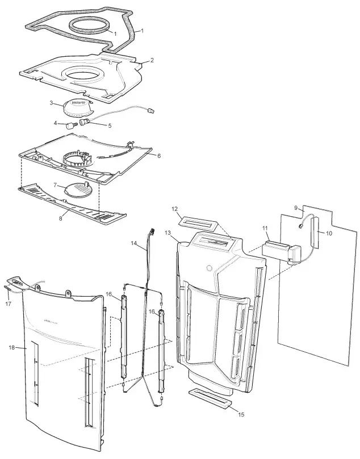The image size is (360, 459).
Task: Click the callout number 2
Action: tap(151, 60)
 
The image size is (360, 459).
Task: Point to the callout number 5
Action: tap(110, 126)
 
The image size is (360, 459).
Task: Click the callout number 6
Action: tap(159, 155)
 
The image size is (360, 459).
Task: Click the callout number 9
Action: tap(295, 208)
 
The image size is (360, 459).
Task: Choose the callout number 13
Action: tap(168, 233)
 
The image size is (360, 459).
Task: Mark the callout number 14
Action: tap(133, 243)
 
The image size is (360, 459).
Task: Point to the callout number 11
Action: tap(265, 228)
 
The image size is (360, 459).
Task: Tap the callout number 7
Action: tap(56, 185)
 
